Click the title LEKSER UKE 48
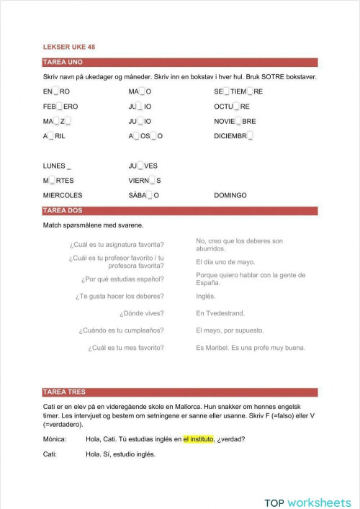[69, 47]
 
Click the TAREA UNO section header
[63, 63]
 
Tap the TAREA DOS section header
[63, 211]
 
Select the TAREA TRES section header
[64, 392]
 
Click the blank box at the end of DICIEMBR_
[250, 136]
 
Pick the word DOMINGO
[230, 195]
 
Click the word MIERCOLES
[63, 195]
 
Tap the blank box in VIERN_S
[153, 181]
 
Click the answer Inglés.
[206, 296]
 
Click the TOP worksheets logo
[307, 483]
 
